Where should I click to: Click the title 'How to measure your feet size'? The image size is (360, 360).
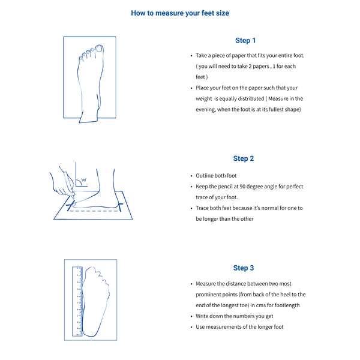coord(180,13)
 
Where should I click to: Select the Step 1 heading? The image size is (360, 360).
coord(245,40)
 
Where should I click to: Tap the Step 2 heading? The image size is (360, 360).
coord(244,158)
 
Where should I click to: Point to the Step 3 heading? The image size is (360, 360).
coord(244,268)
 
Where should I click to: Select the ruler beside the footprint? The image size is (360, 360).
coord(78,300)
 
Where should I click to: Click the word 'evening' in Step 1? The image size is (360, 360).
coord(207,109)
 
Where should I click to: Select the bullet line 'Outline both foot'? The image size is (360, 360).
coord(216,175)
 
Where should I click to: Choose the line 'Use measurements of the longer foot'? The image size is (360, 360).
coord(239,326)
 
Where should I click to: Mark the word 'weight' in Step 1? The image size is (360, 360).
coord(204,98)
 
